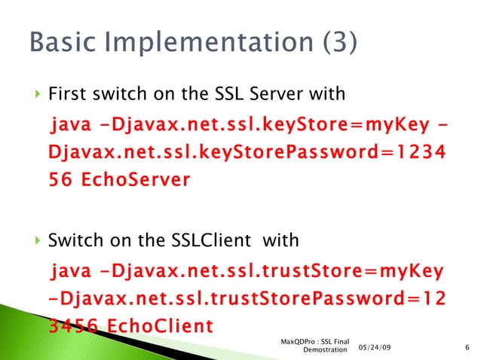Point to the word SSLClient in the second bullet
(213, 241)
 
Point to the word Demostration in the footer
(324, 350)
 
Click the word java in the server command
(69, 124)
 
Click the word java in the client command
(69, 269)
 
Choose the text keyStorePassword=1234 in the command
(331, 152)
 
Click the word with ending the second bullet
(281, 241)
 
